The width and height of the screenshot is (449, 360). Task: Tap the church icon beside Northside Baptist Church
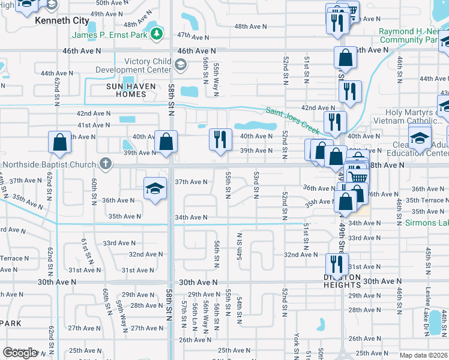106,163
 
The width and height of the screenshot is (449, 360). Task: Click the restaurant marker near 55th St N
220,140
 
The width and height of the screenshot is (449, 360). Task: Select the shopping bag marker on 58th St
166,142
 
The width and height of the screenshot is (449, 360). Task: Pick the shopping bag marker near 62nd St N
60,142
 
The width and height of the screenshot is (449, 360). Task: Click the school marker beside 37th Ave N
155,188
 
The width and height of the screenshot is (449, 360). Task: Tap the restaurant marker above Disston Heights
337,263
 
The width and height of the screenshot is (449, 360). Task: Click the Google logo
20,353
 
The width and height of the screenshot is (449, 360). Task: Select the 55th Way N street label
216,79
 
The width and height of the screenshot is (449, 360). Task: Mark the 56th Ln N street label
195,317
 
